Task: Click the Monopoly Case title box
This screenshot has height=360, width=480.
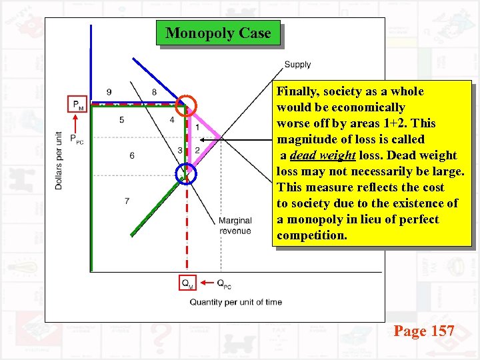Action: (x=218, y=33)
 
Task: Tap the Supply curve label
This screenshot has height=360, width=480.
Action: (x=297, y=65)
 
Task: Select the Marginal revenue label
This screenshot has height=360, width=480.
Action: (x=235, y=225)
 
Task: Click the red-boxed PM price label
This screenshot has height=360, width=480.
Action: (x=78, y=104)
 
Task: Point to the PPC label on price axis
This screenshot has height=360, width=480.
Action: (x=78, y=140)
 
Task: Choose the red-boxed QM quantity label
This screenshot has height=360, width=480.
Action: (x=188, y=283)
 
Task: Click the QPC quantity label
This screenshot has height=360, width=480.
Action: (x=224, y=283)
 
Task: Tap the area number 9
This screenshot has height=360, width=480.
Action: (x=109, y=92)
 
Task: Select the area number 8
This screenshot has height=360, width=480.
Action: (x=154, y=92)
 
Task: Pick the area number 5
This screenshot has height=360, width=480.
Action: (x=121, y=120)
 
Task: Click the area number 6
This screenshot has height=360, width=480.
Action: (x=131, y=155)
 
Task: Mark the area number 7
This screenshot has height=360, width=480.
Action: (x=127, y=201)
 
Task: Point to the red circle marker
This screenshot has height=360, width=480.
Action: (x=187, y=105)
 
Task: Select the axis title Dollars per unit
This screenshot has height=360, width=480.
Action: (x=59, y=159)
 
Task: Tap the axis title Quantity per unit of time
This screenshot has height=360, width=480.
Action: (x=235, y=302)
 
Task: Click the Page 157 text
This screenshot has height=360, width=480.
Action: (x=424, y=331)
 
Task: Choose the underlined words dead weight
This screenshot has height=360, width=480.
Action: (x=323, y=155)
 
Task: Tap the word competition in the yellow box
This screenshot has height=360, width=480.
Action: (x=312, y=235)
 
